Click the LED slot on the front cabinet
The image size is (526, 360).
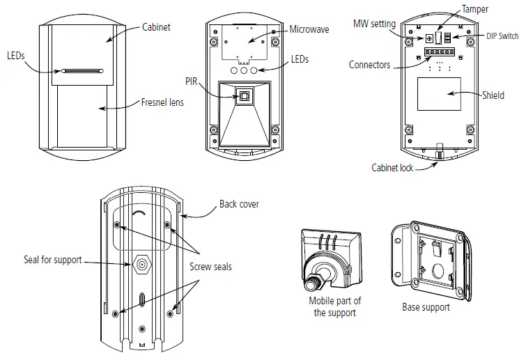(82, 70)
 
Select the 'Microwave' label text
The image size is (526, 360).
(310, 31)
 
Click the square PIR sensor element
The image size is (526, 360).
(244, 96)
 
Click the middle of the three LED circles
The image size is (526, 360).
(244, 70)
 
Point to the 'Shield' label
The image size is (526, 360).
(494, 95)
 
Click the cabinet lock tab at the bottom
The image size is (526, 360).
(440, 151)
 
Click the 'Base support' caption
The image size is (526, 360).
(426, 306)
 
